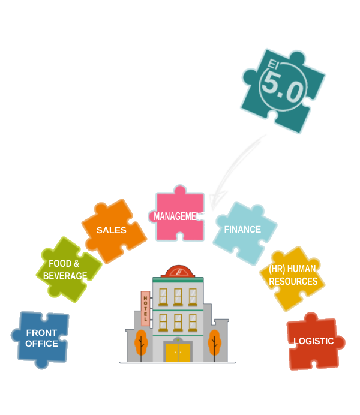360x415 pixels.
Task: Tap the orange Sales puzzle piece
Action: [112, 230]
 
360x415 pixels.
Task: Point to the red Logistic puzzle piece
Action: [313, 342]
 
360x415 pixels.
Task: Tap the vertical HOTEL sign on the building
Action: [145, 307]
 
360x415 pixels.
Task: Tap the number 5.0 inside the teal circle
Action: [282, 90]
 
